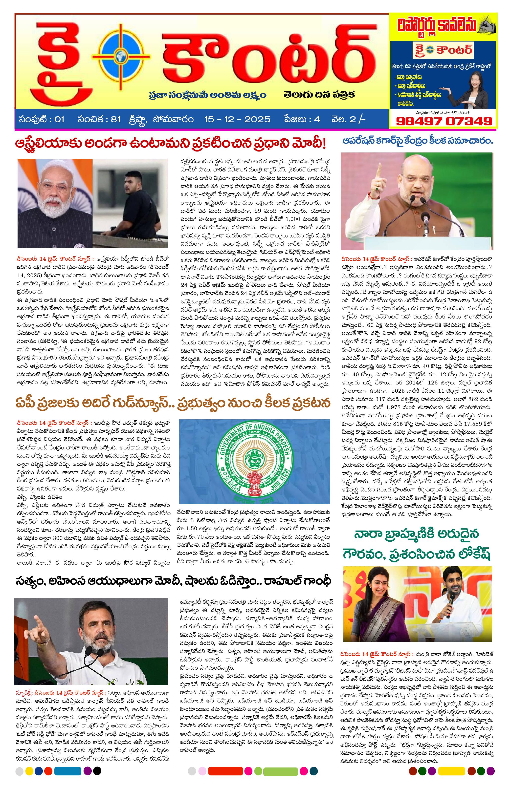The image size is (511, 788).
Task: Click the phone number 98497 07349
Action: [444, 121]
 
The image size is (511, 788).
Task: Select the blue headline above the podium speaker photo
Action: [417, 141]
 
